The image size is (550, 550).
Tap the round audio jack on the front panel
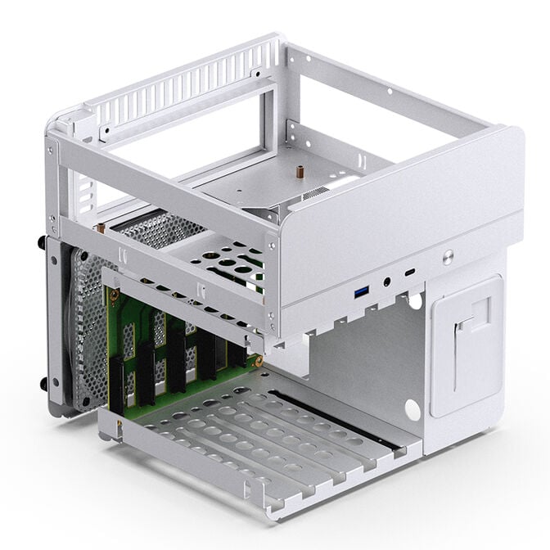(385, 282)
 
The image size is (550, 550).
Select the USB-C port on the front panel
(409, 271)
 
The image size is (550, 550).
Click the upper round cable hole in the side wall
(415, 301)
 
